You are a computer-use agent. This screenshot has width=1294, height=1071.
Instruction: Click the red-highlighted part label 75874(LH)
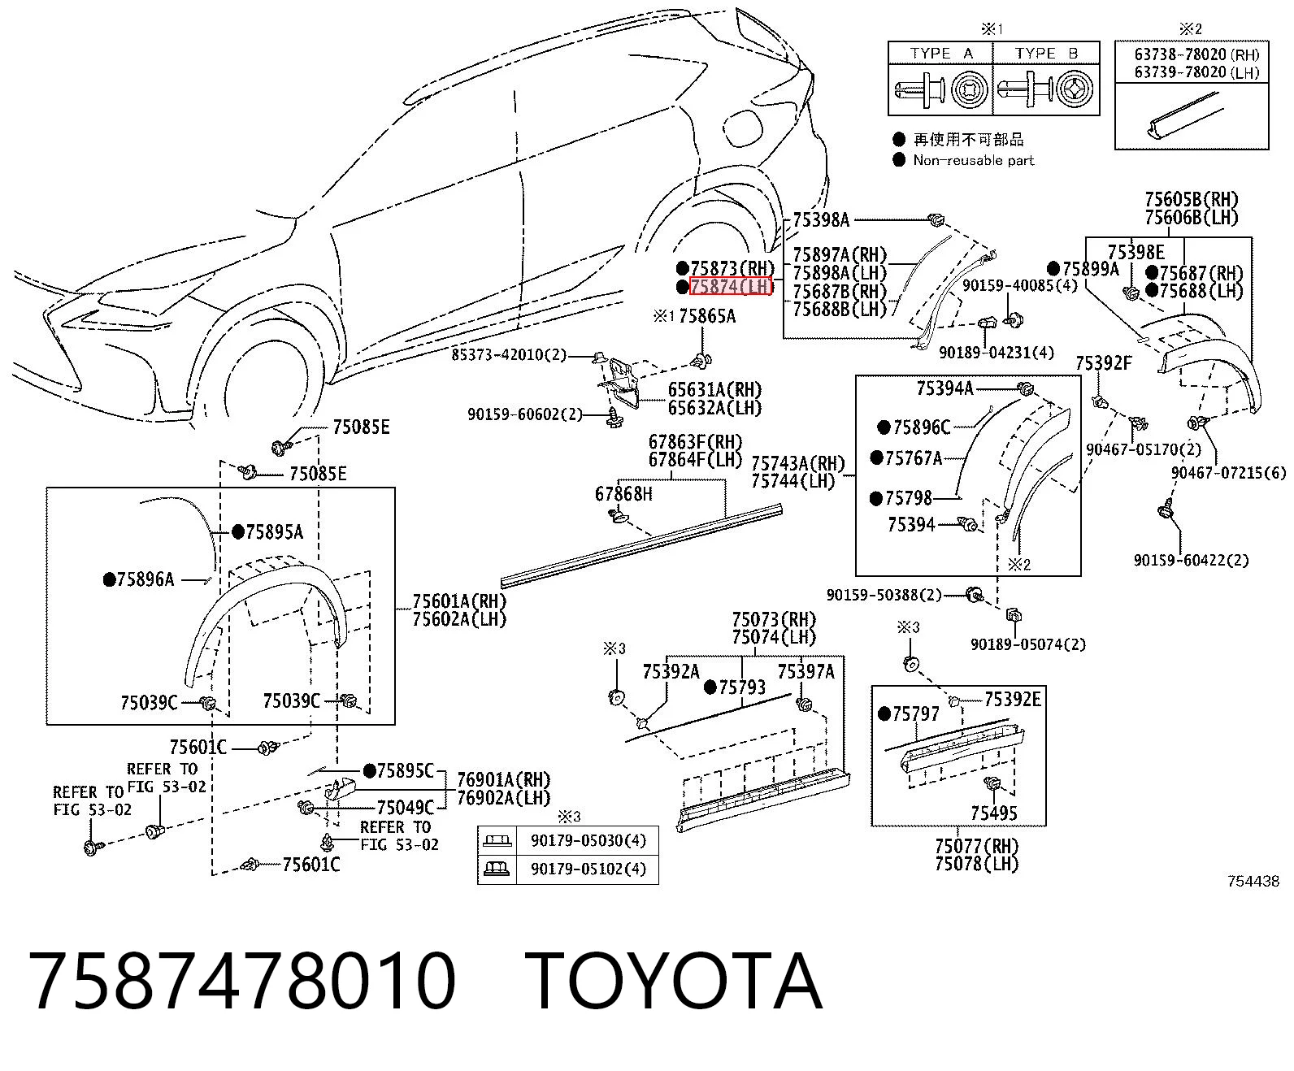tap(732, 286)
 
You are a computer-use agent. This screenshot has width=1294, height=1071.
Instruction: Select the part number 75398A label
tap(821, 219)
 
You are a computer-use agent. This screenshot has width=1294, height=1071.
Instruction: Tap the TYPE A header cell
tap(940, 54)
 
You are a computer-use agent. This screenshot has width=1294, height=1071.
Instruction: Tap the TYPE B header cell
tap(1046, 54)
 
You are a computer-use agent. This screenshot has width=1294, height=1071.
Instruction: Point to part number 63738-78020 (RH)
tap(1196, 54)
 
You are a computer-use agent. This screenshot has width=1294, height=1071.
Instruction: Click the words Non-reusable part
tap(974, 161)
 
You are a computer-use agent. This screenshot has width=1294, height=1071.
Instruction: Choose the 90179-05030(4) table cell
tap(588, 840)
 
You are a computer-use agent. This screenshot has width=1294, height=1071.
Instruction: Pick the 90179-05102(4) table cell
tap(588, 869)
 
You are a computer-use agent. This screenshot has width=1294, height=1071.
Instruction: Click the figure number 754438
tap(1253, 882)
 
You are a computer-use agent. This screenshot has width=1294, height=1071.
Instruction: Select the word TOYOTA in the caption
tap(674, 982)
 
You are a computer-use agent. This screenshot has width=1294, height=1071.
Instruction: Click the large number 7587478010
tap(242, 982)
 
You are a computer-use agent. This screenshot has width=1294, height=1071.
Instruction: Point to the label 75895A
tap(275, 531)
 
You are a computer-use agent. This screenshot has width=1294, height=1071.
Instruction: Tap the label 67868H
tap(623, 494)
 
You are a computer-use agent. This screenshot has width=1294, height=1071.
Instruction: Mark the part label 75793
tap(742, 687)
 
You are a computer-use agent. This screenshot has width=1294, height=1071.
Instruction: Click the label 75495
tap(994, 813)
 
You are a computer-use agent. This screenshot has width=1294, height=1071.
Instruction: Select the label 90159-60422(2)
tap(1191, 561)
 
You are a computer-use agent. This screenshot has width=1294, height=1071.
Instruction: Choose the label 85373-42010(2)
tap(509, 354)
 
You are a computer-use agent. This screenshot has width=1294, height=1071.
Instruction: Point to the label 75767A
tap(913, 458)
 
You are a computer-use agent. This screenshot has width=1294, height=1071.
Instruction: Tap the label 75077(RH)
tap(977, 845)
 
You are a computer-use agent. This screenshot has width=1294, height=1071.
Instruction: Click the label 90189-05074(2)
tap(1028, 644)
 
